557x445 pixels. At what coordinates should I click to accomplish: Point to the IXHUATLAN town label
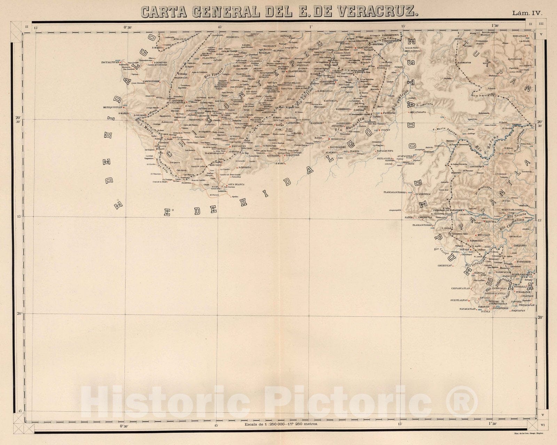(365, 48)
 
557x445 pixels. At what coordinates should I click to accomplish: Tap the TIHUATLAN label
(520, 36)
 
